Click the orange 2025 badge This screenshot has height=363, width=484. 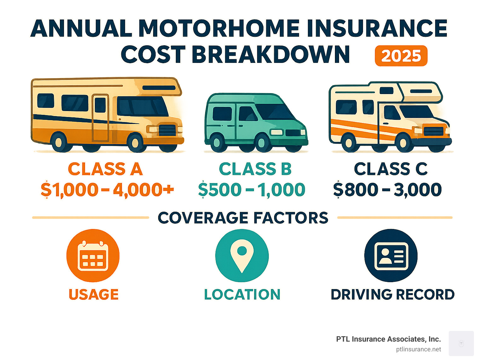(x=401, y=56)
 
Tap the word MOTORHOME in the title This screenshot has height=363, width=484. (x=219, y=28)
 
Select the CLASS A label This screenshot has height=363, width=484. (x=105, y=169)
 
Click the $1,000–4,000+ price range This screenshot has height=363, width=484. (x=107, y=190)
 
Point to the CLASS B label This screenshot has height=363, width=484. (x=255, y=169)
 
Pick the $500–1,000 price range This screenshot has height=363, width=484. (x=252, y=190)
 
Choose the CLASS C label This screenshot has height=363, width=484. (x=391, y=169)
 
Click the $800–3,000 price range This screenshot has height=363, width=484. (x=388, y=190)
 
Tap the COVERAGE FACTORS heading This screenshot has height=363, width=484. (x=243, y=218)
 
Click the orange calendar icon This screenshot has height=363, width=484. (x=93, y=255)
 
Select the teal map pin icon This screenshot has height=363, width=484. (x=242, y=255)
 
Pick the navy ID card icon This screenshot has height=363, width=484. (x=391, y=255)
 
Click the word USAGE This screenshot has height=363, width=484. (x=94, y=294)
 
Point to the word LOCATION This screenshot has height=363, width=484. (x=242, y=294)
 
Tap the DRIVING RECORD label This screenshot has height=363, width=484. (x=393, y=294)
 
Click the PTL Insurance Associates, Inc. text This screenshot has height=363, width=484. (x=388, y=339)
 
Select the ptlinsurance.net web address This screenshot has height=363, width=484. (x=418, y=349)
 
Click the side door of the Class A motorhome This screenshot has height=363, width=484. (x=100, y=118)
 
